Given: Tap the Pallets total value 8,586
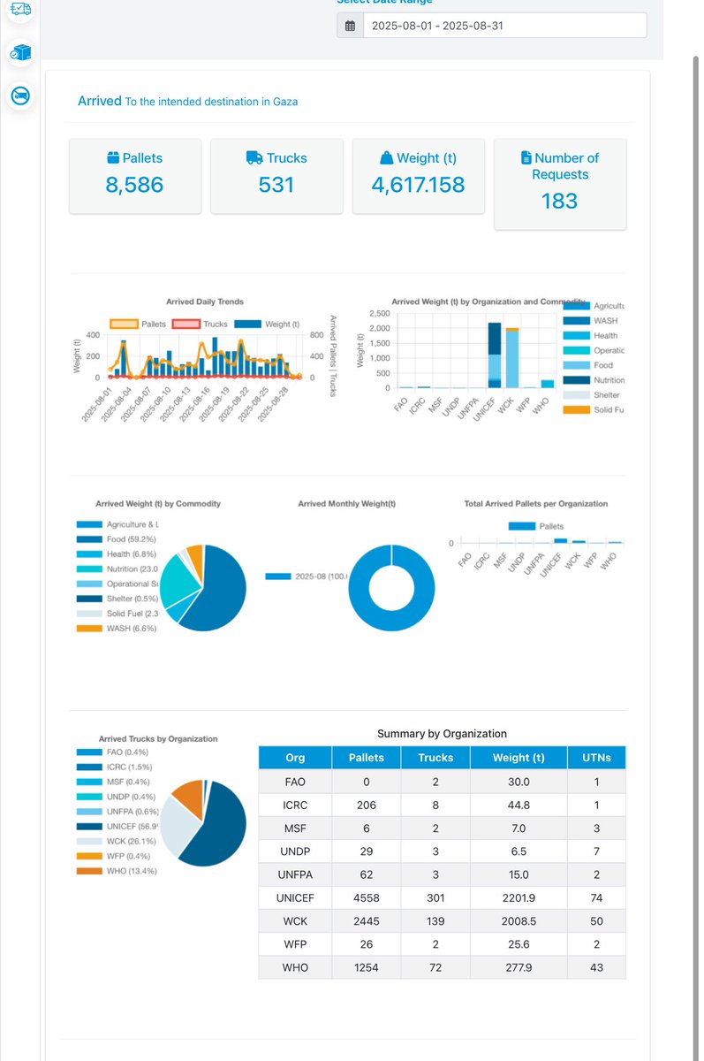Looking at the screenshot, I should [135, 185].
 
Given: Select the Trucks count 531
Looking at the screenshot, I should [276, 185].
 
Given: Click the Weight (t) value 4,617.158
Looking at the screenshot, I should [418, 185].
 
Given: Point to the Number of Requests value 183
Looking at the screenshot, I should [559, 201].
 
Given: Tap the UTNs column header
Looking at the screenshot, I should [596, 758].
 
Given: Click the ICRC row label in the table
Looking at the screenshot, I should [295, 805].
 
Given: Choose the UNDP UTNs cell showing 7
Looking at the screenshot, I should [596, 851].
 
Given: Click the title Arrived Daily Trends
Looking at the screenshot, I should [205, 302].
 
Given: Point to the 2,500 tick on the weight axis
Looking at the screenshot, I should [379, 314].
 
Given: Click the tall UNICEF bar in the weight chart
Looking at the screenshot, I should [494, 354].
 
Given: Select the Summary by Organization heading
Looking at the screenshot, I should [442, 733].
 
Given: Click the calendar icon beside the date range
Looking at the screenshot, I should [350, 26].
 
